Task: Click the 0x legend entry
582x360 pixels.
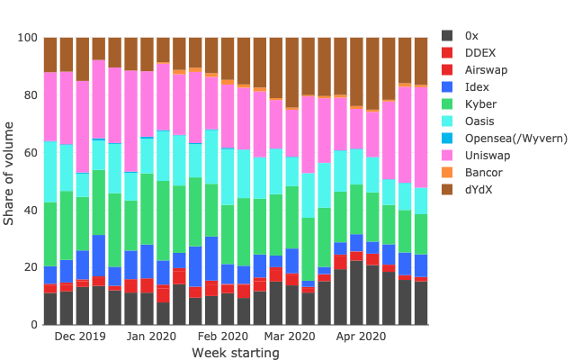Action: pyautogui.click(x=471, y=35)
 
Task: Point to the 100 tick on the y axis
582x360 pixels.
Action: pyautogui.click(x=26, y=38)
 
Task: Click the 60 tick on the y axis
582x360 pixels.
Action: pyautogui.click(x=29, y=153)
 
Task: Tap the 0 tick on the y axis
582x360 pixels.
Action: pyautogui.click(x=32, y=325)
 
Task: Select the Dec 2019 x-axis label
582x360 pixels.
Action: pyautogui.click(x=80, y=337)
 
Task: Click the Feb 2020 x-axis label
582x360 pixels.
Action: pyautogui.click(x=222, y=337)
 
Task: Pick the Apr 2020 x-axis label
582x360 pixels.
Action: pyautogui.click(x=360, y=337)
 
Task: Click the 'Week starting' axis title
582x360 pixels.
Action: pyautogui.click(x=235, y=353)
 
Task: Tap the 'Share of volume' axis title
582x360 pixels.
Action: pyautogui.click(x=10, y=180)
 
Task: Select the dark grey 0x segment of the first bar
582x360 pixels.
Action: pyautogui.click(x=50, y=309)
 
